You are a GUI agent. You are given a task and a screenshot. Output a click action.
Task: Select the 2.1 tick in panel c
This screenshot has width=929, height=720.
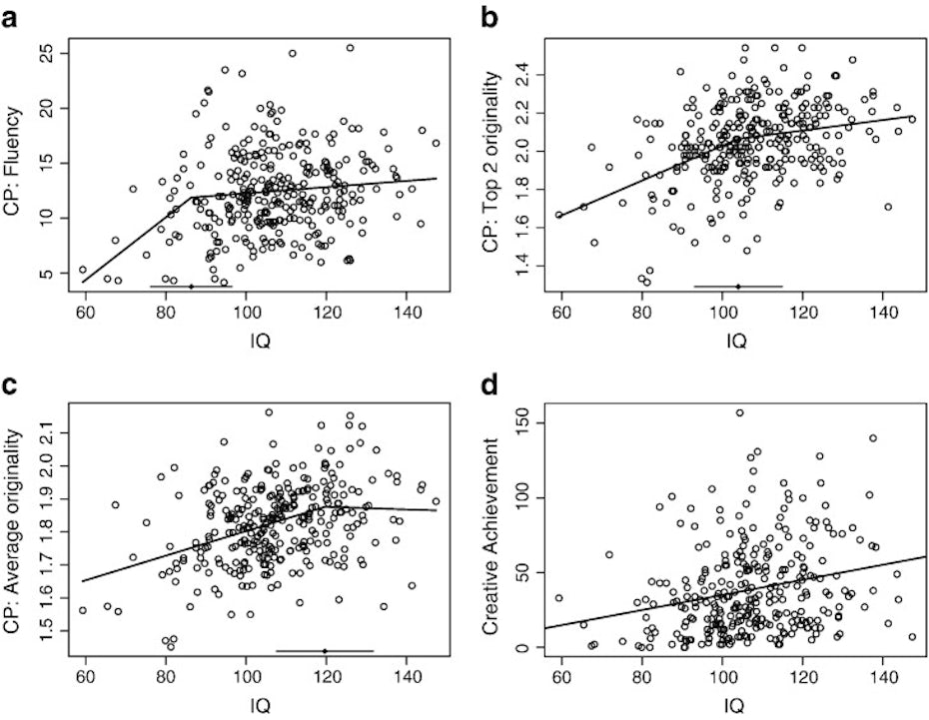[48, 432]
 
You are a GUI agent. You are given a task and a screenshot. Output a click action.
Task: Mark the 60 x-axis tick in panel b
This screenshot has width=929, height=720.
[558, 316]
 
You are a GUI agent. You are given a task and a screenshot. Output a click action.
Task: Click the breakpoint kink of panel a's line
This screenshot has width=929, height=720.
[193, 197]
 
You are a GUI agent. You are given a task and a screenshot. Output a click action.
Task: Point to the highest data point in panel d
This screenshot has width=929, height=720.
[739, 412]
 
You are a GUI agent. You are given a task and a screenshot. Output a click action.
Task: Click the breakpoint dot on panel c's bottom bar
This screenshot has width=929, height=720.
[325, 651]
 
